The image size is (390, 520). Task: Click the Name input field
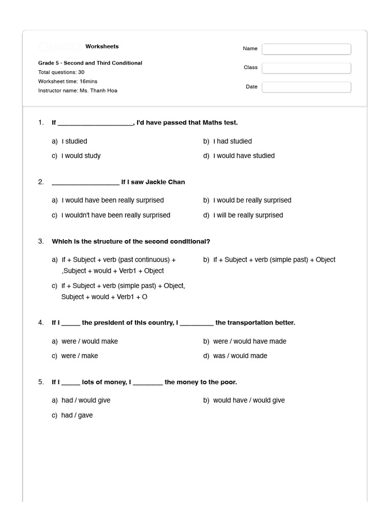[306, 49]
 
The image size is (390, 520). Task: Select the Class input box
[306, 68]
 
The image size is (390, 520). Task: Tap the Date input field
[306, 87]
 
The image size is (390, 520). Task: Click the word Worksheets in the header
[102, 47]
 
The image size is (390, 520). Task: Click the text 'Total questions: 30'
[61, 73]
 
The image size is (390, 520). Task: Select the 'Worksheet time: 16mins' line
[68, 82]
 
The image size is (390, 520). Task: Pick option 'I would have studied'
[244, 156]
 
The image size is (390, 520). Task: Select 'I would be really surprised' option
[252, 200]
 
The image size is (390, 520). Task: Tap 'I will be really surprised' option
[248, 215]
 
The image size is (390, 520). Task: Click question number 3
[41, 241]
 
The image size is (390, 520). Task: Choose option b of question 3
[274, 259]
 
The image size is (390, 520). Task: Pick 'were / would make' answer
[89, 341]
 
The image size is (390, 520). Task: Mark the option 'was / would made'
[240, 356]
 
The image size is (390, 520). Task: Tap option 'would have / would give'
[249, 401]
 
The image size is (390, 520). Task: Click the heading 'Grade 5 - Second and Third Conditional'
[90, 63]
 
